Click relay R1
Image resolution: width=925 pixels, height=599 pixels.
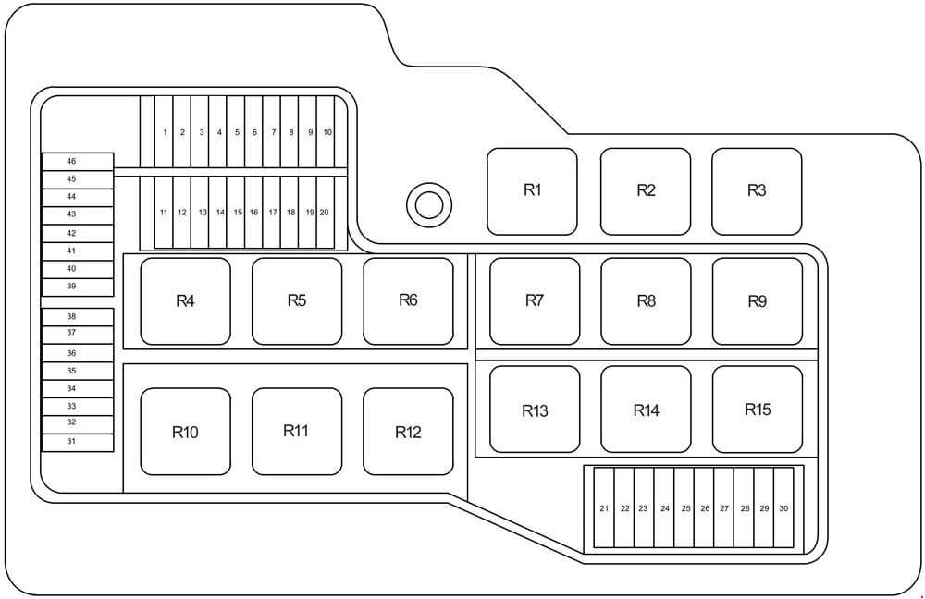click(x=532, y=191)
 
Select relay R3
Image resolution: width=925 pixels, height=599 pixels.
click(x=757, y=191)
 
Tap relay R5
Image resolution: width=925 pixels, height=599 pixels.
click(x=297, y=301)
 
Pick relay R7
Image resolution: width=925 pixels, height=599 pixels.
click(x=535, y=301)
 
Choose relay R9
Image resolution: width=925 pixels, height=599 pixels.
click(x=758, y=301)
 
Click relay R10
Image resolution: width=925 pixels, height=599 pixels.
click(x=185, y=432)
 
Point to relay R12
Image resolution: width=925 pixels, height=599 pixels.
click(x=408, y=432)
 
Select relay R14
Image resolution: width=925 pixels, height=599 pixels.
click(x=646, y=410)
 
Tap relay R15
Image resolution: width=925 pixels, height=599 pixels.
click(x=758, y=410)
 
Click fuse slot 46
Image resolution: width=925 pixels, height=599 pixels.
click(x=78, y=162)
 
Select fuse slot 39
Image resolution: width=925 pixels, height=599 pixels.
click(x=78, y=287)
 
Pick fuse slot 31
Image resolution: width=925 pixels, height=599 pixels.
click(x=78, y=443)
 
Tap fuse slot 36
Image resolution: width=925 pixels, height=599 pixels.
click(x=78, y=353)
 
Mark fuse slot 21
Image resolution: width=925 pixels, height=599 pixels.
click(x=604, y=508)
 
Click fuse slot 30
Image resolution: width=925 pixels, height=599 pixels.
click(x=783, y=508)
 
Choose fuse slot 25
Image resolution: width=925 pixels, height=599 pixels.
click(x=684, y=508)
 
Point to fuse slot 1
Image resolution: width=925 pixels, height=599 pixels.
click(x=165, y=132)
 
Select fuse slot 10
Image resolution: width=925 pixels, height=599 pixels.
click(x=326, y=132)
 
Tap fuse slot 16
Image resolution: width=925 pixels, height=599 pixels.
click(x=253, y=213)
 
